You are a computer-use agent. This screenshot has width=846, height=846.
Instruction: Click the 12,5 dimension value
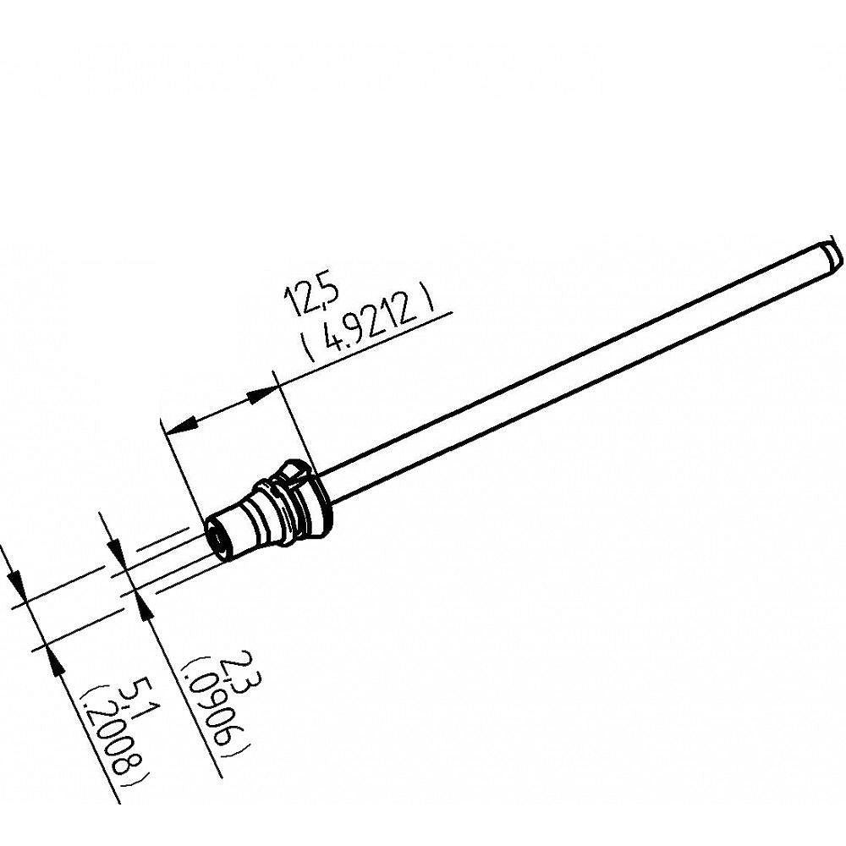point(310,295)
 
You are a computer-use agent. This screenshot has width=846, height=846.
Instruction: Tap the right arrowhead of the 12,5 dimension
point(261,393)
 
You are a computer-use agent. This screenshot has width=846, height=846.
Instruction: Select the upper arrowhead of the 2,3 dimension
point(117,553)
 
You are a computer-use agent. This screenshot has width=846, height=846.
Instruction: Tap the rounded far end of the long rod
point(832,254)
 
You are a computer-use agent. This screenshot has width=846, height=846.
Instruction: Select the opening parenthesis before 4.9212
point(308,348)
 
